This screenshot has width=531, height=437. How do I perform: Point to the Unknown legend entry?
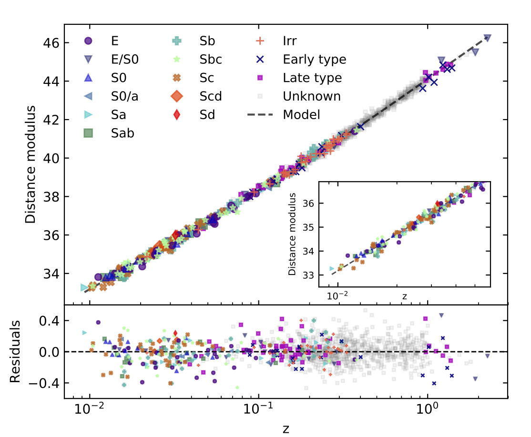click(312, 96)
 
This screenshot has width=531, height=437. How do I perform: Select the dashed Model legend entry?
click(301, 114)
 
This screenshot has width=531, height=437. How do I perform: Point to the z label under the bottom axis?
click(286, 428)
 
